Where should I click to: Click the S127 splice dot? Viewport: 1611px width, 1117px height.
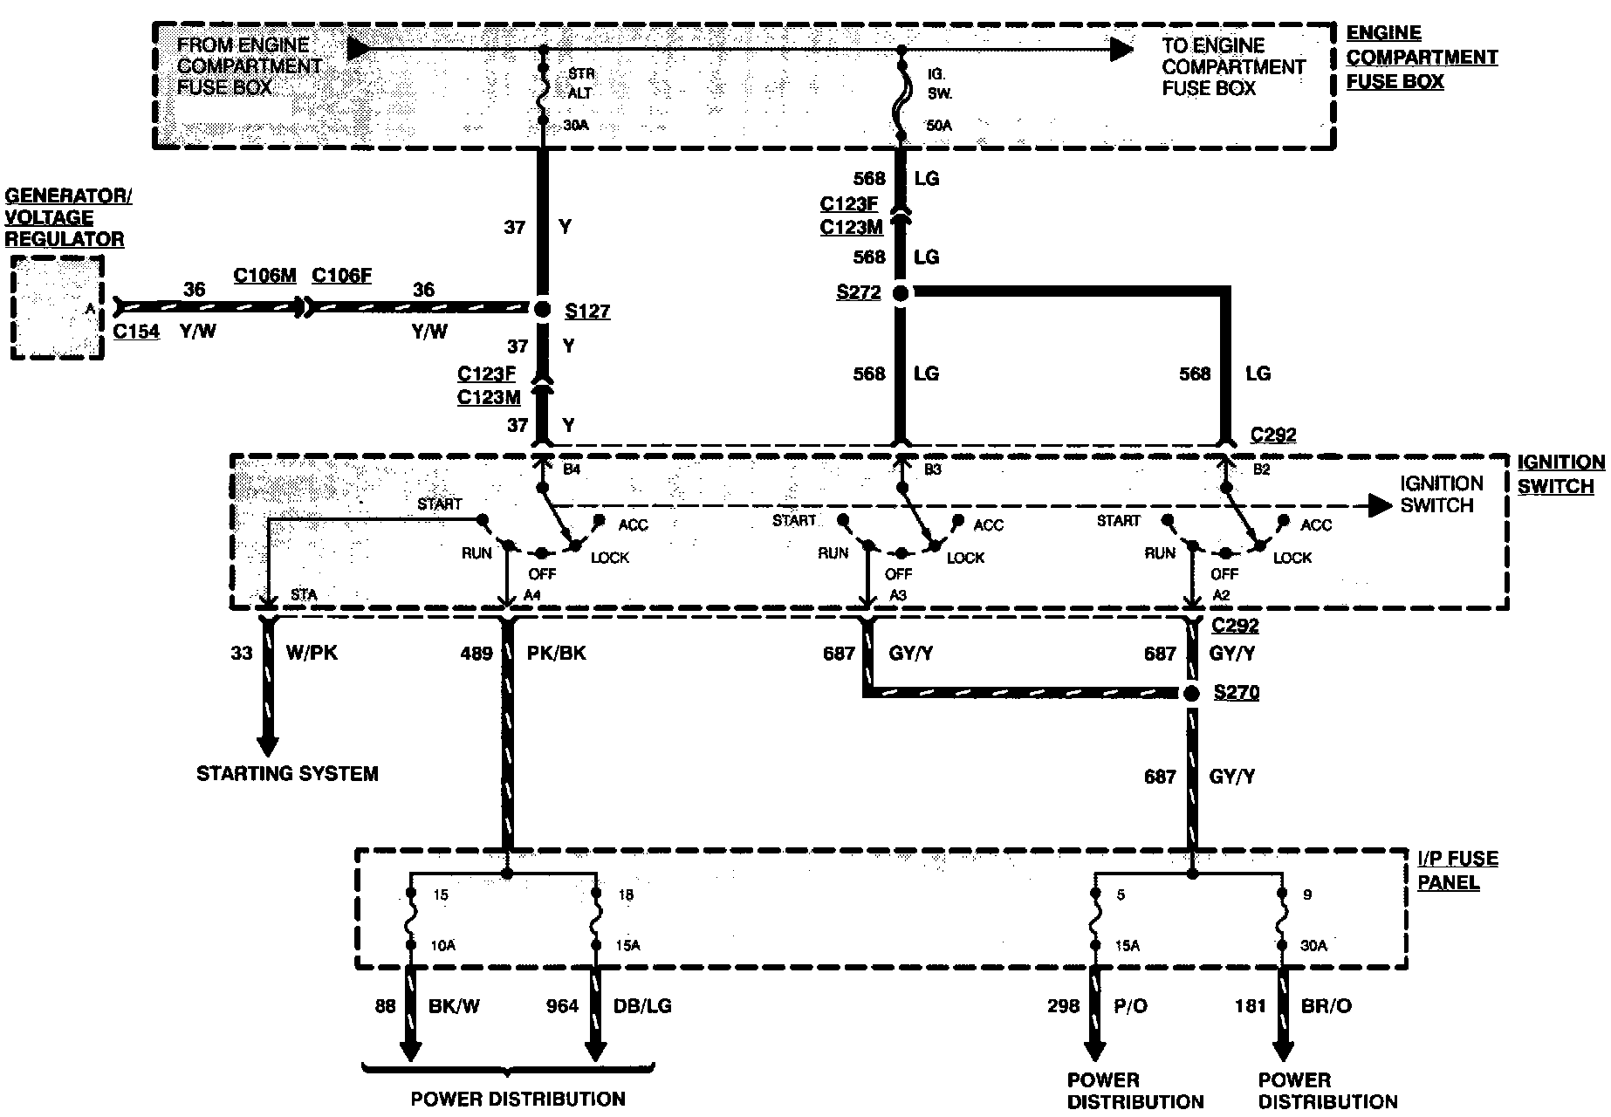tap(542, 309)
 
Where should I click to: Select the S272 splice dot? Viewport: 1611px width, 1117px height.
tap(901, 293)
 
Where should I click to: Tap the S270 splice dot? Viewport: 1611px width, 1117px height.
tap(1192, 693)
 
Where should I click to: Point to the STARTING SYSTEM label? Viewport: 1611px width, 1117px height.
tap(287, 774)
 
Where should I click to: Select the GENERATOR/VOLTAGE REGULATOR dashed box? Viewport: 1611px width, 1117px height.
tap(57, 307)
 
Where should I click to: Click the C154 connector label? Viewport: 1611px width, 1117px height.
tap(136, 332)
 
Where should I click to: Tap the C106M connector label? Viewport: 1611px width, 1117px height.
tap(264, 276)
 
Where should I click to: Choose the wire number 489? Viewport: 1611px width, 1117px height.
tap(476, 654)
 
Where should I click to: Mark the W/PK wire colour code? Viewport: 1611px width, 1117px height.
tap(312, 653)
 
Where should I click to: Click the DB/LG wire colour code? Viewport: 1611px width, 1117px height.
tap(642, 1006)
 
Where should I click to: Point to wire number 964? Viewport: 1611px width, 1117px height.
tap(562, 1006)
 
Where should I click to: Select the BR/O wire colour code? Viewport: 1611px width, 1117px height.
tap(1326, 1006)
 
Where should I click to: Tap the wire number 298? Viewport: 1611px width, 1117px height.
tap(1063, 1006)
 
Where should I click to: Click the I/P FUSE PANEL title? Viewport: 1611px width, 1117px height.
tap(1457, 870)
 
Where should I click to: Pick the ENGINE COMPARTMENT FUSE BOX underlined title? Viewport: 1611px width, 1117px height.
tap(1421, 58)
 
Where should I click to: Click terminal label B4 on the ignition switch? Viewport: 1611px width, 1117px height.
tap(572, 469)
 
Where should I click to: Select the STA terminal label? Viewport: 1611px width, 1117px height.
tap(304, 595)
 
